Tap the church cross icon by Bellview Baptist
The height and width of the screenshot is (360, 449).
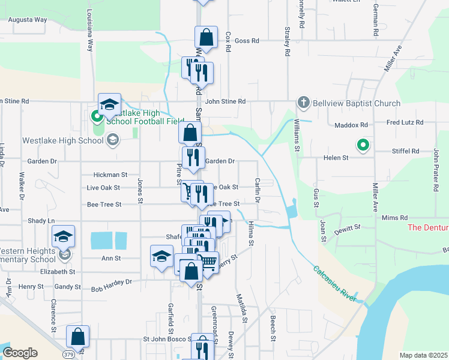(x=304, y=103)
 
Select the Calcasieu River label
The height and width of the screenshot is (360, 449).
(x=335, y=283)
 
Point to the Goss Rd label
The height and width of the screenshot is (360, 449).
(x=247, y=41)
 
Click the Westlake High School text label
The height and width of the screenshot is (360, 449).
(x=62, y=141)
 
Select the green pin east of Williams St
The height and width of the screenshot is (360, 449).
(x=362, y=144)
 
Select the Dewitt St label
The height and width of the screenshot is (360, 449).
(x=348, y=228)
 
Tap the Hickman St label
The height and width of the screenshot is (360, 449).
(x=110, y=175)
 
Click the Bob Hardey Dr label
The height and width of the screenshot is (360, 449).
(x=111, y=281)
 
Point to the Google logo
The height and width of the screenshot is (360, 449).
(x=20, y=353)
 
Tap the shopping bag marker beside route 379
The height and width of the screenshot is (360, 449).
(x=78, y=337)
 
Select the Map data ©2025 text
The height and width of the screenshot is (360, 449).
(x=423, y=355)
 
